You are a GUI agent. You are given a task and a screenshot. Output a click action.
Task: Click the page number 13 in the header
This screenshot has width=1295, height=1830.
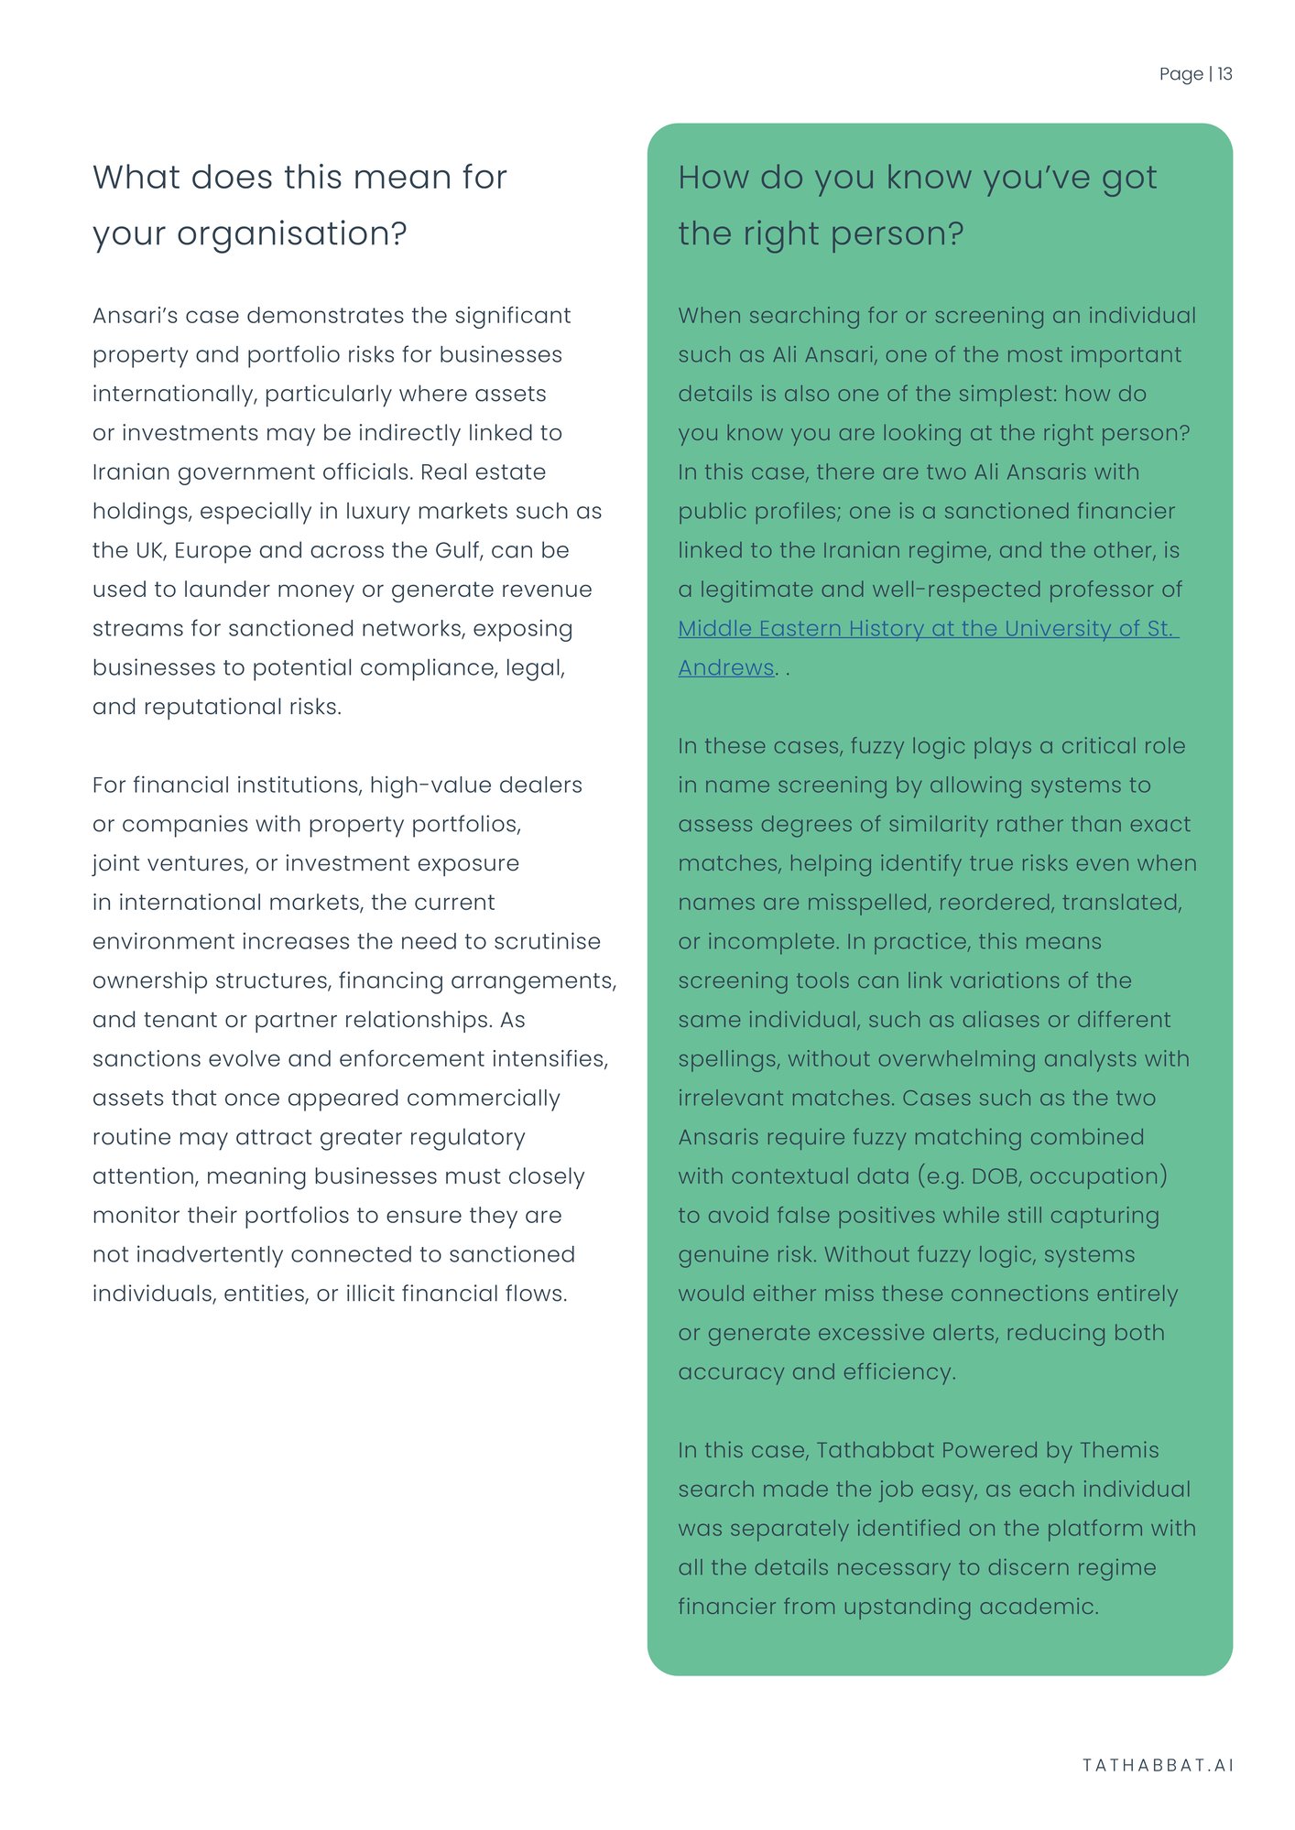tap(1224, 74)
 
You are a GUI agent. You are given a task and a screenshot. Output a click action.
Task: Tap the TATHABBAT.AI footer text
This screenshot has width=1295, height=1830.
tap(1158, 1765)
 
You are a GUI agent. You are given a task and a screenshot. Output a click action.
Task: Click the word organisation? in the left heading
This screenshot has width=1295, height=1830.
tap(291, 234)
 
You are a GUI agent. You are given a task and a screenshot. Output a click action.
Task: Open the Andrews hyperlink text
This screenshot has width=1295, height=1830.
tap(726, 667)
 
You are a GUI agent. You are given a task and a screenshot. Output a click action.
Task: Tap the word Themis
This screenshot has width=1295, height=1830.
tap(1118, 1450)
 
